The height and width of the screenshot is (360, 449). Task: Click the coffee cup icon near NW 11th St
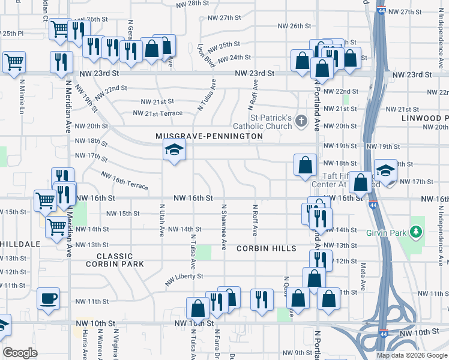click(x=48, y=298)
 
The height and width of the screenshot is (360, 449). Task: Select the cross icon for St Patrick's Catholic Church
click(x=301, y=122)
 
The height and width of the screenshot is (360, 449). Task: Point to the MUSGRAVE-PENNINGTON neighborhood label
click(x=209, y=136)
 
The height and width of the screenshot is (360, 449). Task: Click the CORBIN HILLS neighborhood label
click(x=266, y=248)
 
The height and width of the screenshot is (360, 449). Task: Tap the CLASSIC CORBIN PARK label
click(x=123, y=260)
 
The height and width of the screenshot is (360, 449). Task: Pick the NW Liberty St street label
click(x=184, y=277)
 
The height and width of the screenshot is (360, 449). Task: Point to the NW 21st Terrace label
click(x=157, y=113)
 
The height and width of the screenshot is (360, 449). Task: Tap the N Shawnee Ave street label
click(x=224, y=226)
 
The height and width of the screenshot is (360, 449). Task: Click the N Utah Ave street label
click(x=162, y=220)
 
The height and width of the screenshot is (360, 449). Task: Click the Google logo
click(x=20, y=353)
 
